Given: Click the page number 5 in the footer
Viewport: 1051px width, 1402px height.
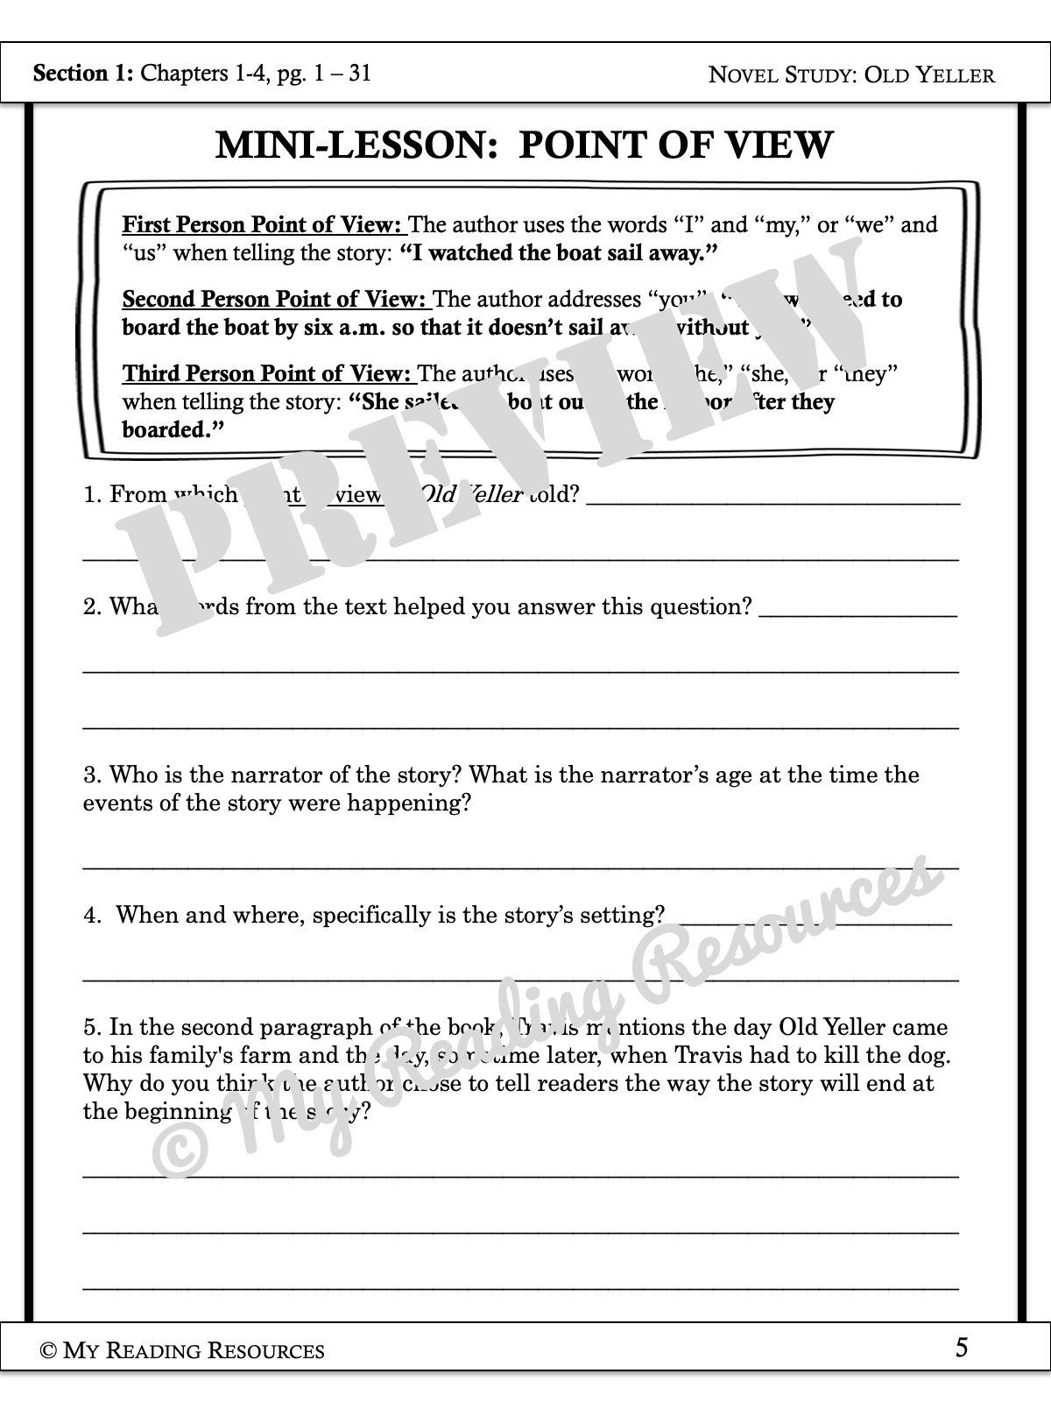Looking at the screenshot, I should [x=962, y=1348].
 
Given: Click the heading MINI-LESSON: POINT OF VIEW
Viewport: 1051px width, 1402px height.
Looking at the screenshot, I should [x=524, y=145].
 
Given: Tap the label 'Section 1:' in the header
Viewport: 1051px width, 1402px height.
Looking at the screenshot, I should [x=82, y=73].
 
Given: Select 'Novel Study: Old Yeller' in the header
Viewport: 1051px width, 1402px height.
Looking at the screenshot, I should [x=851, y=74].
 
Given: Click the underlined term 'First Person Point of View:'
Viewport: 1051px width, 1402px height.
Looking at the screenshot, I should [x=263, y=225].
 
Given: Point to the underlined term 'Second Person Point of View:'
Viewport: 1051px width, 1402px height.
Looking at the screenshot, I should [x=276, y=300].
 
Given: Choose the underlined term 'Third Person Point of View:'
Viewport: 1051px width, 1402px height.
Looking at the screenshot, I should [x=267, y=374].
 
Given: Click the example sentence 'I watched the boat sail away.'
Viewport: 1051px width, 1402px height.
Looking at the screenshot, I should [x=559, y=253].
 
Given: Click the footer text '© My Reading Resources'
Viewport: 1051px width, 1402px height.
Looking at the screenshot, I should [x=182, y=1350].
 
